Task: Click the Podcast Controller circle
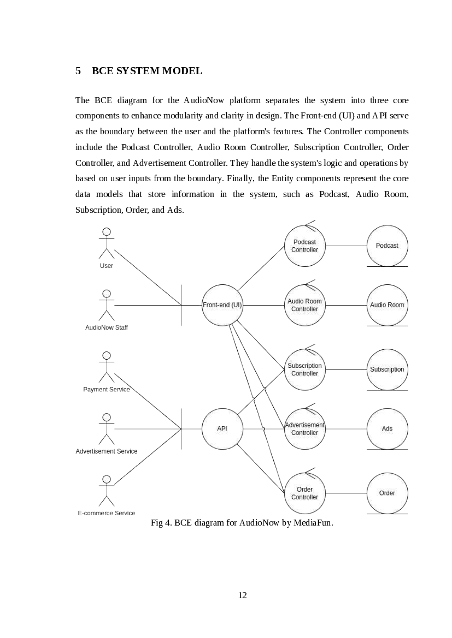(x=304, y=246)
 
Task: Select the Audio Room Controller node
(x=304, y=305)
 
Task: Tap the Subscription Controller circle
(x=304, y=369)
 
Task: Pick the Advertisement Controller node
(x=304, y=429)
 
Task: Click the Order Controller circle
(x=304, y=493)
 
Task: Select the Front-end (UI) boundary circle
(x=222, y=305)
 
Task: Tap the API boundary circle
(x=222, y=429)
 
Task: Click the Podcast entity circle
(x=387, y=246)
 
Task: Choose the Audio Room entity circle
(x=387, y=305)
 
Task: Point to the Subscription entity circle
(x=387, y=369)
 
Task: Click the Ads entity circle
(x=387, y=429)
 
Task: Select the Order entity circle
(x=387, y=493)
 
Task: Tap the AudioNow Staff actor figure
(x=107, y=305)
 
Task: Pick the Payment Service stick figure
(x=107, y=367)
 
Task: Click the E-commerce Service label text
(x=107, y=513)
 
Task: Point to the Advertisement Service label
(x=107, y=451)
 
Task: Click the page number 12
(x=243, y=595)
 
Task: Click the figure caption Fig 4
(x=242, y=523)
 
